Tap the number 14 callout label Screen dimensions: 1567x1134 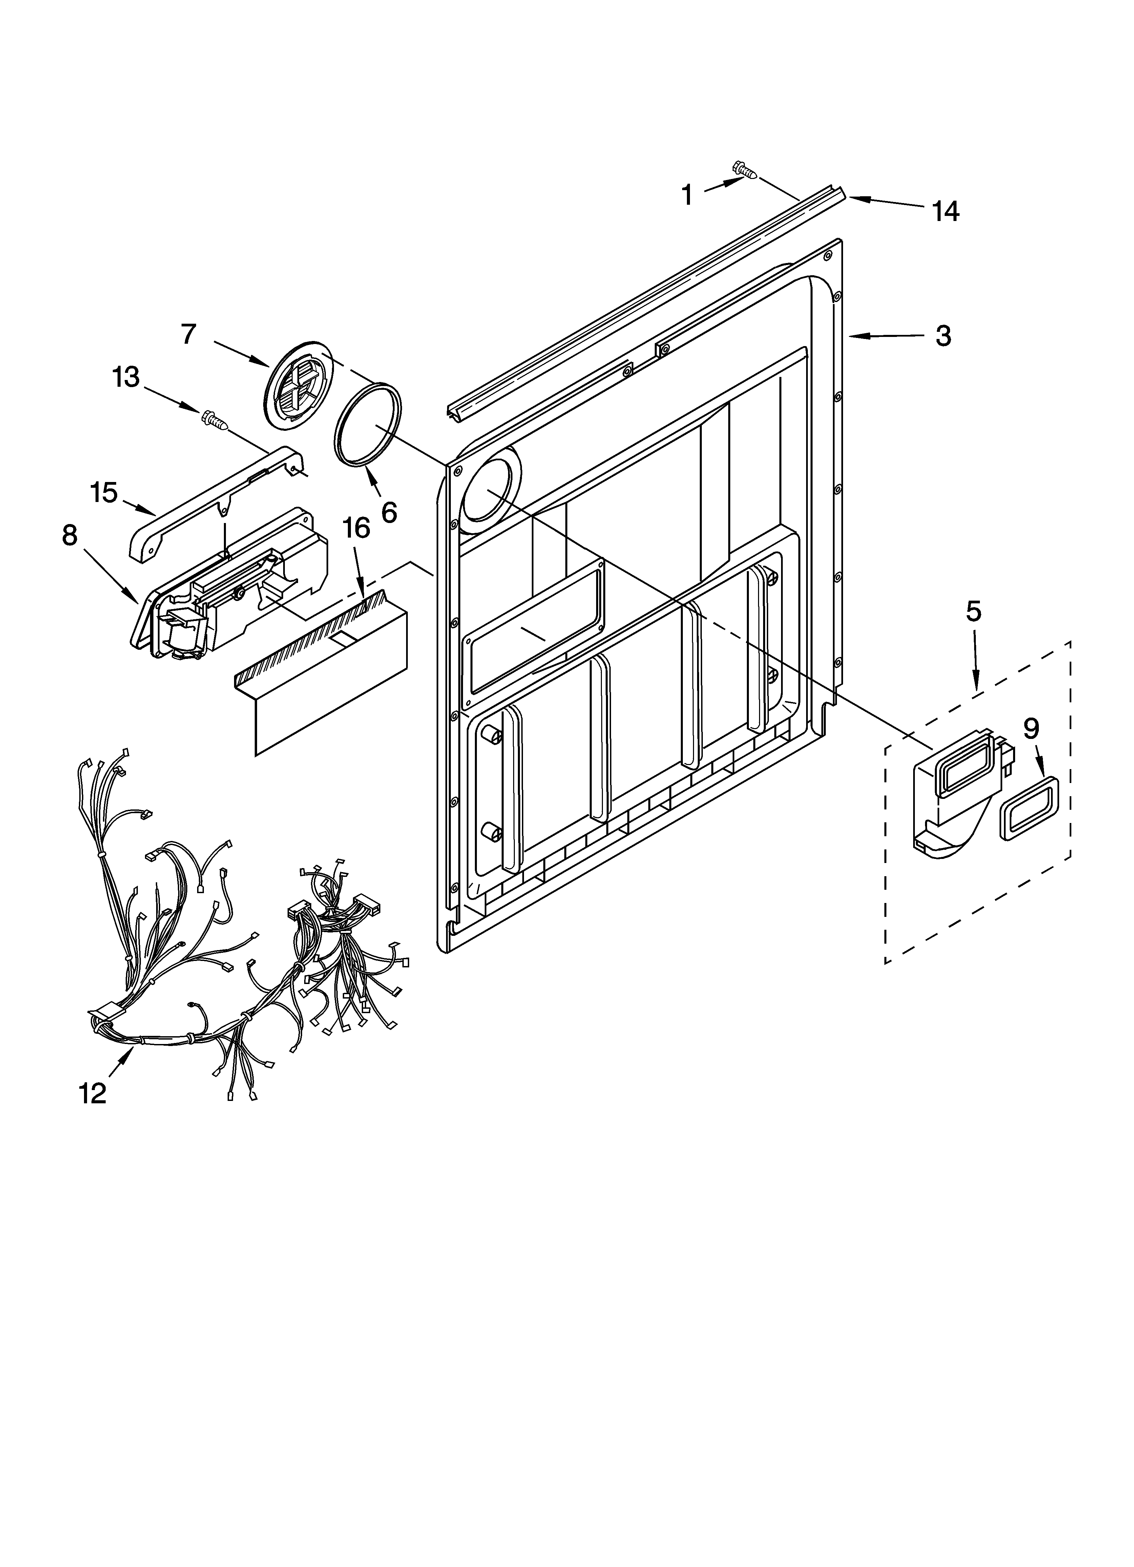[x=945, y=211]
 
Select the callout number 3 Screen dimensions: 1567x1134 [x=943, y=337]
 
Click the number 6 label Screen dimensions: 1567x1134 [x=389, y=512]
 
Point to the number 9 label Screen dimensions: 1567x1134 [x=1030, y=728]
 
